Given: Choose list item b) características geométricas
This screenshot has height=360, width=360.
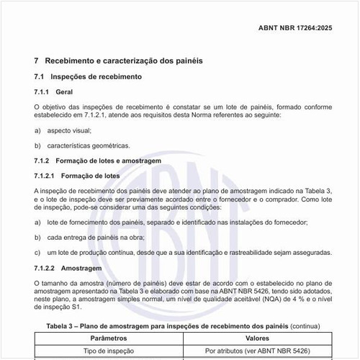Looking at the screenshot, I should [89, 145].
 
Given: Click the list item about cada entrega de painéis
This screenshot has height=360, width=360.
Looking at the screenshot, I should [95, 238].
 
